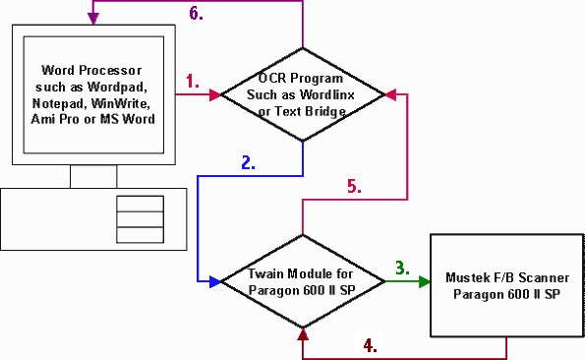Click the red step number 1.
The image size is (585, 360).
(x=192, y=81)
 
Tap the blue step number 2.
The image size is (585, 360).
(x=248, y=162)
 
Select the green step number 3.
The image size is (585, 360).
(x=402, y=268)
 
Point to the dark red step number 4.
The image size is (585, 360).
(x=370, y=345)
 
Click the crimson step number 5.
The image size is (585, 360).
(x=354, y=186)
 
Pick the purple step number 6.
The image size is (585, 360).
(x=196, y=13)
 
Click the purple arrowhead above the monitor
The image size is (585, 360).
(x=93, y=19)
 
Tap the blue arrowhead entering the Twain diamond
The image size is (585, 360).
(x=215, y=281)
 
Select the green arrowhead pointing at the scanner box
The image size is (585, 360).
(x=425, y=281)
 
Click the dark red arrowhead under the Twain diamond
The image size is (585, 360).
(x=303, y=334)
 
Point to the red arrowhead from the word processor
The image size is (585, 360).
(x=215, y=94)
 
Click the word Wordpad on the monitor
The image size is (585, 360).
(x=117, y=87)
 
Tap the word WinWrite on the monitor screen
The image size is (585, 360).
(x=121, y=103)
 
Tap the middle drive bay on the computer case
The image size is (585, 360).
(x=140, y=219)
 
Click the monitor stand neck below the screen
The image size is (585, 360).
(x=93, y=176)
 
